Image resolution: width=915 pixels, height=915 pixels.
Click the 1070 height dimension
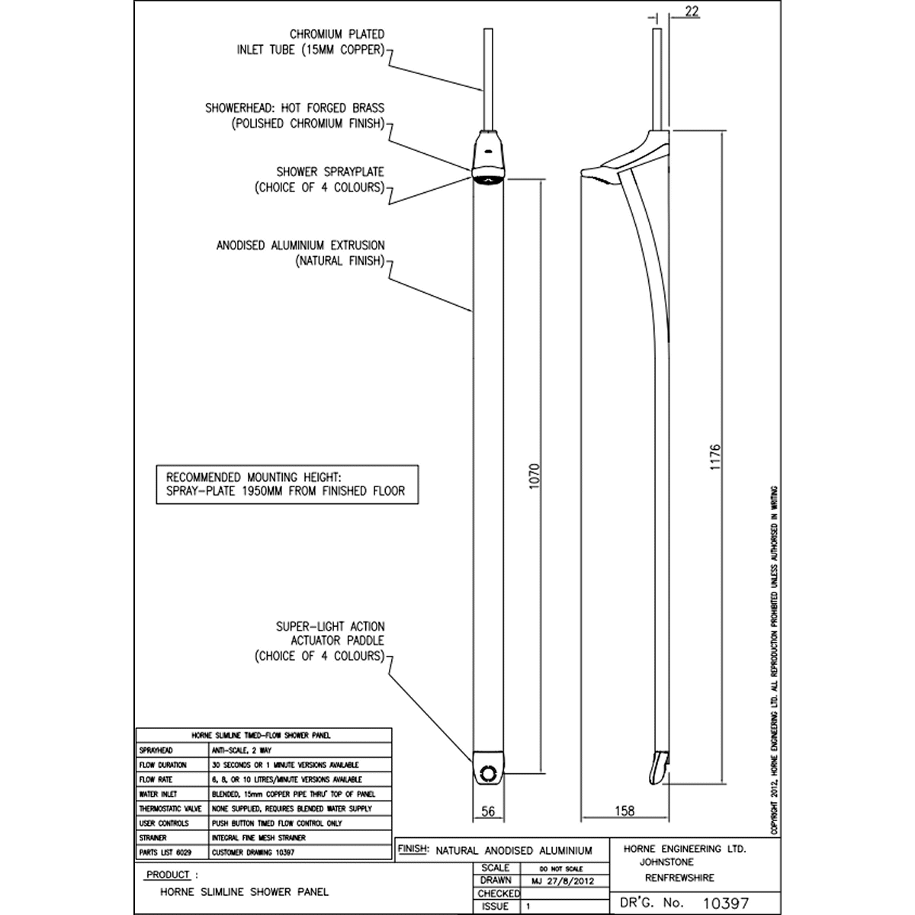pyautogui.click(x=535, y=476)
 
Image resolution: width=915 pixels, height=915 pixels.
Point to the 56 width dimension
pyautogui.click(x=489, y=812)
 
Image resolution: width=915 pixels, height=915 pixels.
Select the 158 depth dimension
pyautogui.click(x=624, y=812)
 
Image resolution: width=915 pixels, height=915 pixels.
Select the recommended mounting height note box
pyautogui.click(x=287, y=484)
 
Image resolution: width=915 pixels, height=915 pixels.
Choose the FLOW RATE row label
pyautogui.click(x=156, y=779)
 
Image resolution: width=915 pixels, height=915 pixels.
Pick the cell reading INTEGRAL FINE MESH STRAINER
pyautogui.click(x=258, y=837)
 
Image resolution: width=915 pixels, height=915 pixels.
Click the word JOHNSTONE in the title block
pyautogui.click(x=667, y=862)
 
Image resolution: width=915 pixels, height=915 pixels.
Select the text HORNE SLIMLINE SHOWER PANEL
pyautogui.click(x=245, y=891)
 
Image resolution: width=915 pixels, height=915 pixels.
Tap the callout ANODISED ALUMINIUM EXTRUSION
pyautogui.click(x=300, y=246)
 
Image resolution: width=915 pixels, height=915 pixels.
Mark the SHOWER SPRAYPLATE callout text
pyautogui.click(x=330, y=172)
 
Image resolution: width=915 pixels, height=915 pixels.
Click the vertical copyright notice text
pyautogui.click(x=774, y=660)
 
